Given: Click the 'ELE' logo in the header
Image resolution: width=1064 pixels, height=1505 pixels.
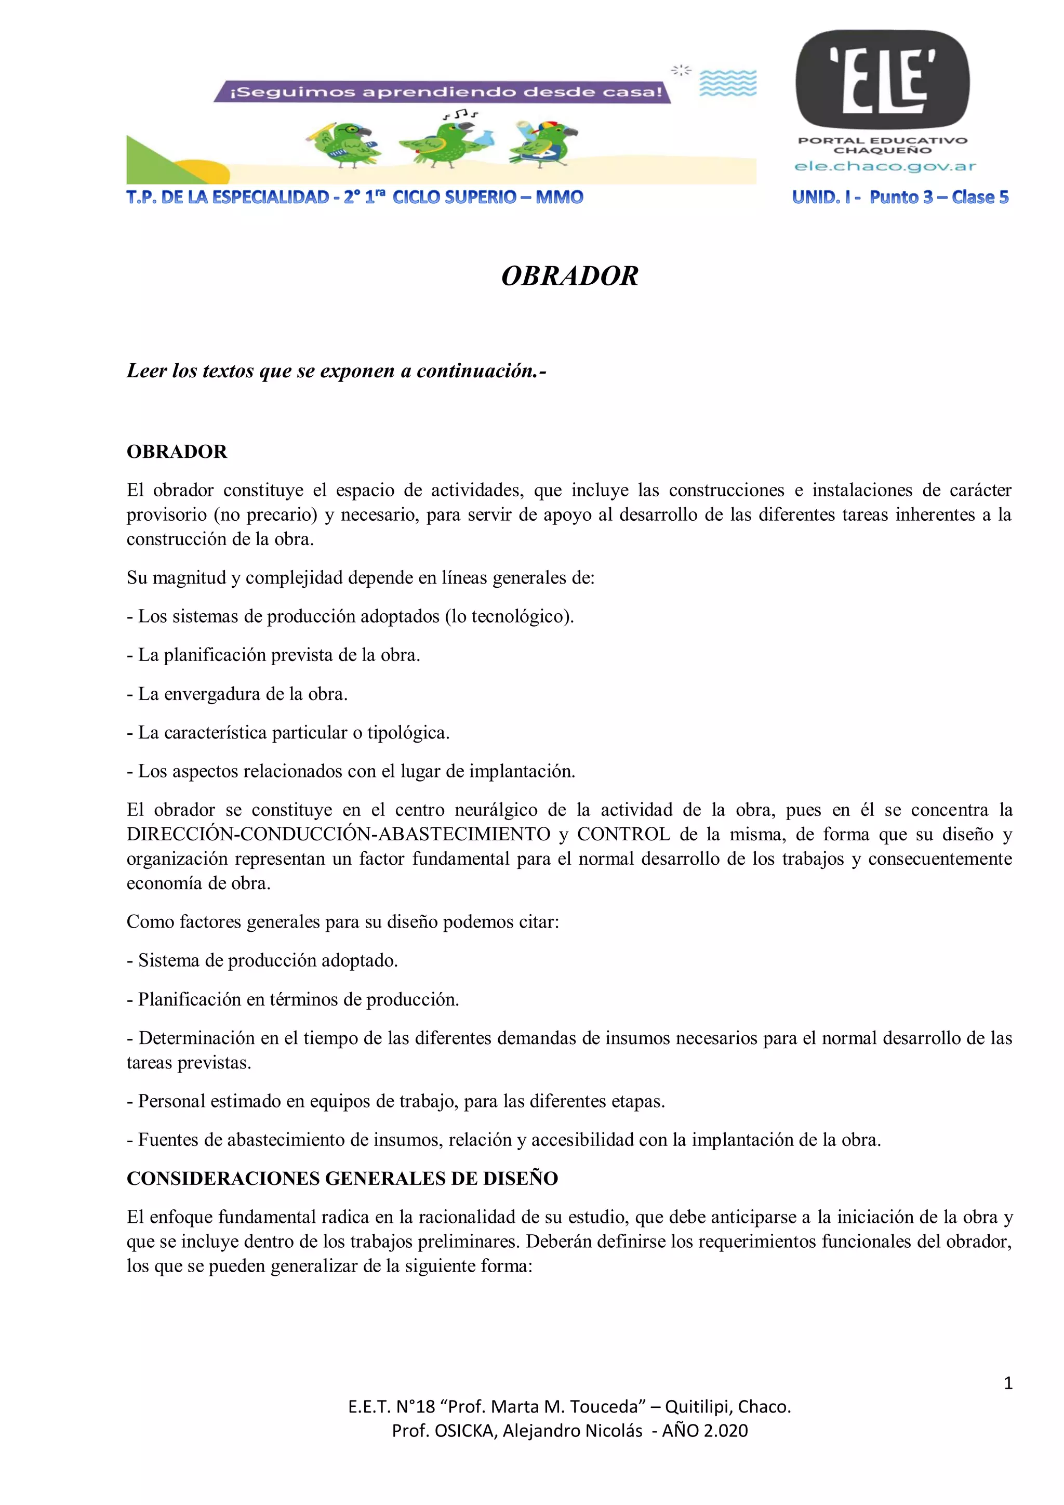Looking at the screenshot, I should [x=883, y=80].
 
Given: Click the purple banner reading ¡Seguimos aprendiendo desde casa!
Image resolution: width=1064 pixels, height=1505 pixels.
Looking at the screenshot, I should [x=442, y=92].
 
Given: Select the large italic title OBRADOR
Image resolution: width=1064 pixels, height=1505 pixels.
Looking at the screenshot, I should [x=569, y=276].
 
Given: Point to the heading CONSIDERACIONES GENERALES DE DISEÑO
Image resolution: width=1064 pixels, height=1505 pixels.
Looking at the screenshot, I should [x=342, y=1179].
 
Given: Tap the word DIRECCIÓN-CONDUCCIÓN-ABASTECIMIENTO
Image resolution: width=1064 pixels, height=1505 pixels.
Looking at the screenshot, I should [x=338, y=835].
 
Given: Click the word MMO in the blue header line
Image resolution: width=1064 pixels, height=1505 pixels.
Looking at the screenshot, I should [x=560, y=197].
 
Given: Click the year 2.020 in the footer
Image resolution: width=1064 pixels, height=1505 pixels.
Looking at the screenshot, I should [x=725, y=1431].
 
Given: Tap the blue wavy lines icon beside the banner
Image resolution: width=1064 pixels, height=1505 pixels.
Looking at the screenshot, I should [x=728, y=83].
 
